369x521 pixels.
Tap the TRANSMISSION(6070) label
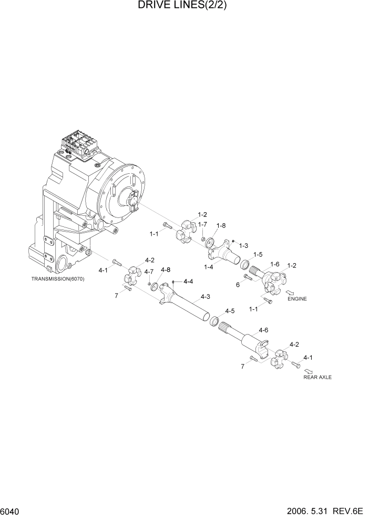pyautogui.click(x=58, y=278)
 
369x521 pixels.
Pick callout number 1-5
pyautogui.click(x=257, y=255)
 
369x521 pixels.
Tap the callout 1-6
pyautogui.click(x=274, y=264)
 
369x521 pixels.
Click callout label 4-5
pyautogui.click(x=230, y=310)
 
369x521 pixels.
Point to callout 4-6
pyautogui.click(x=263, y=330)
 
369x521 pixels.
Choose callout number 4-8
pyautogui.click(x=166, y=269)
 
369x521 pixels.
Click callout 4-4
pyautogui.click(x=187, y=282)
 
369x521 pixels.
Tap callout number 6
pyautogui.click(x=238, y=284)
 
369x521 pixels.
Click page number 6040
pyautogui.click(x=11, y=512)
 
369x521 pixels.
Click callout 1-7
pyautogui.click(x=202, y=224)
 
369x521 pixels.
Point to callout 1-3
pyautogui.click(x=243, y=245)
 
